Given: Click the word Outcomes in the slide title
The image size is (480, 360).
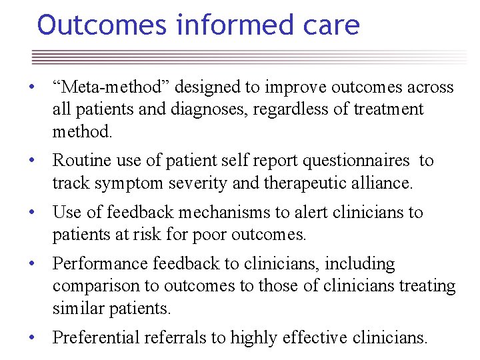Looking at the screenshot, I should (x=102, y=25).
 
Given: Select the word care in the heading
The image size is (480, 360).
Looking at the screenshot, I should (x=335, y=25).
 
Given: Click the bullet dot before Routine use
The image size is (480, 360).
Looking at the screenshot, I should (x=31, y=161).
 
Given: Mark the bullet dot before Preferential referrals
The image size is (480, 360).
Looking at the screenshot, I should (x=31, y=338).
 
